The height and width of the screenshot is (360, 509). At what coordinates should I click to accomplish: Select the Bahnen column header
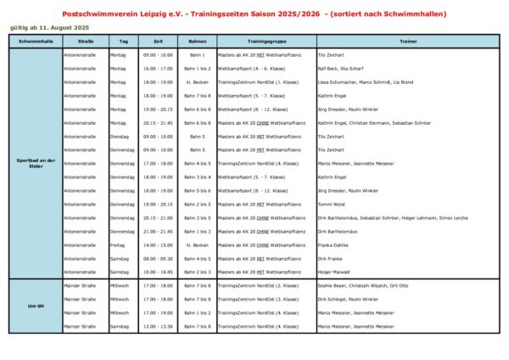coord(198,41)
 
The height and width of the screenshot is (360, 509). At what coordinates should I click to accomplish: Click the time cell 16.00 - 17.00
coord(159,68)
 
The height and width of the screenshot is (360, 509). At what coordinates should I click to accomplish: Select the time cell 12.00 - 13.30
coord(159,326)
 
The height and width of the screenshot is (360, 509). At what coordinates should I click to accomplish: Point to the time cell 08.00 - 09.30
coord(159,258)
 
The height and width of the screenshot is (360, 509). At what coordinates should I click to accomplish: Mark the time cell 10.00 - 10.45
coord(159,272)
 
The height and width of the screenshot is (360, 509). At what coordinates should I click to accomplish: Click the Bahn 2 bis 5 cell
coord(198,204)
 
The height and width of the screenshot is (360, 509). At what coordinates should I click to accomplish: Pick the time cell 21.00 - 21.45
coord(159,231)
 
